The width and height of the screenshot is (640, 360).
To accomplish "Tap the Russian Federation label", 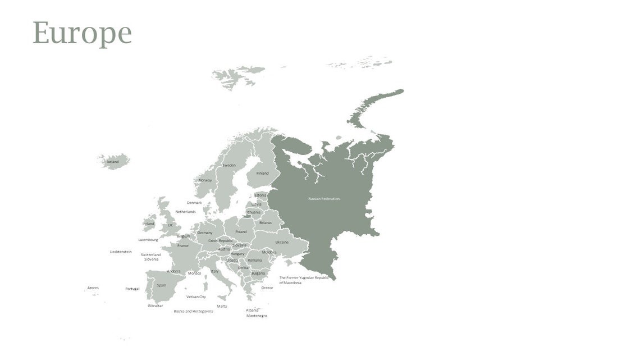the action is (x=324, y=199).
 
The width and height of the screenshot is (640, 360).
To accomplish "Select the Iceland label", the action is (x=113, y=162).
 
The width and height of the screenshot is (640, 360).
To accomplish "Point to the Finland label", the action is (x=263, y=173).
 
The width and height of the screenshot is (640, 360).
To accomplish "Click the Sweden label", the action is (x=229, y=165).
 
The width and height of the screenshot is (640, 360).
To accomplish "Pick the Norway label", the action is (x=205, y=180).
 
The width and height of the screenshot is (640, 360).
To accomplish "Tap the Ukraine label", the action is (x=282, y=242).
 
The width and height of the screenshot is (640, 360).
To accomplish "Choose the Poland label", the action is (x=241, y=231).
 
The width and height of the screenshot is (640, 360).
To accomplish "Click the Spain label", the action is (x=162, y=285).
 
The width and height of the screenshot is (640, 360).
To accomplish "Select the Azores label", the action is (x=93, y=288).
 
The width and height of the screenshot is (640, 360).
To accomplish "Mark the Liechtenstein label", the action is (x=121, y=252).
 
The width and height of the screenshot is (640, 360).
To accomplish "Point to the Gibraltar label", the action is (x=156, y=306).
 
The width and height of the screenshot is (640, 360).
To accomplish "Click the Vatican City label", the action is (x=196, y=297).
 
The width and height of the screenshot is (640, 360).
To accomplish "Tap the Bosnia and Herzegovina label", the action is (x=194, y=311).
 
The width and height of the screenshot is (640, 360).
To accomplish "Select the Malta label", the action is (x=222, y=306).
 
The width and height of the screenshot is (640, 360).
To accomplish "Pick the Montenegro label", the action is (x=257, y=316).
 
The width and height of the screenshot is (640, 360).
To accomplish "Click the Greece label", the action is (x=267, y=288).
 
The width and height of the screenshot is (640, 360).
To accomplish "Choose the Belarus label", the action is (x=266, y=222).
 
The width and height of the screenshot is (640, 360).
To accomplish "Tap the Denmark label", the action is (x=194, y=203).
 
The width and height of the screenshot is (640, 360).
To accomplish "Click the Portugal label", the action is (x=132, y=289).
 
